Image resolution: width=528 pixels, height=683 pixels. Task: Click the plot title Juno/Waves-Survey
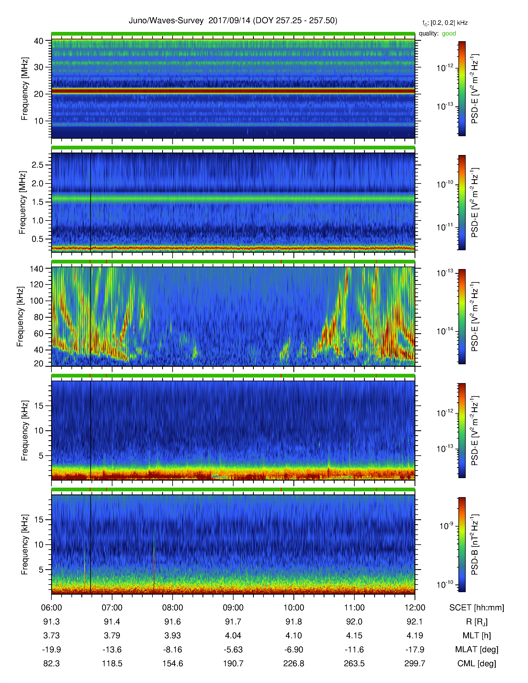pos(166,21)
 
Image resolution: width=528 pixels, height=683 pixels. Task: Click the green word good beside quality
pos(449,34)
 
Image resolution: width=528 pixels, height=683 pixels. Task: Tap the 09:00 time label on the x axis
pos(233,608)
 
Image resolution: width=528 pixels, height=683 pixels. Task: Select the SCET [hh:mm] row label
pos(476,608)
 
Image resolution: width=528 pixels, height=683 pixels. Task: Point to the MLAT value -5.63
pos(233,649)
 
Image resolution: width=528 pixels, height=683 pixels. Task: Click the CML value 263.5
pos(354,663)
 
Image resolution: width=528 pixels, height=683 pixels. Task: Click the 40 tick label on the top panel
pos(39,41)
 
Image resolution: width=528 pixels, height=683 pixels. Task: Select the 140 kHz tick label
pos(36,269)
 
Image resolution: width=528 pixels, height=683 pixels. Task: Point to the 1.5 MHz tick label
pos(37,202)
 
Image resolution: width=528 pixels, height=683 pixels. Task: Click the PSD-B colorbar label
pos(474,545)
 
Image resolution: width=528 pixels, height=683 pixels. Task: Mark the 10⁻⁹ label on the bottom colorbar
pos(446,526)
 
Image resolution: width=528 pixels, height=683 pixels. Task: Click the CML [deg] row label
pos(476,663)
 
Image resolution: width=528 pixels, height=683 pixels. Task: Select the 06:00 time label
pos(51,608)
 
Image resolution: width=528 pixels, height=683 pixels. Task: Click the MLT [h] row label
pos(476,635)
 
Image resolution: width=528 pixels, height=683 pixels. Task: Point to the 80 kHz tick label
pos(39,317)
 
